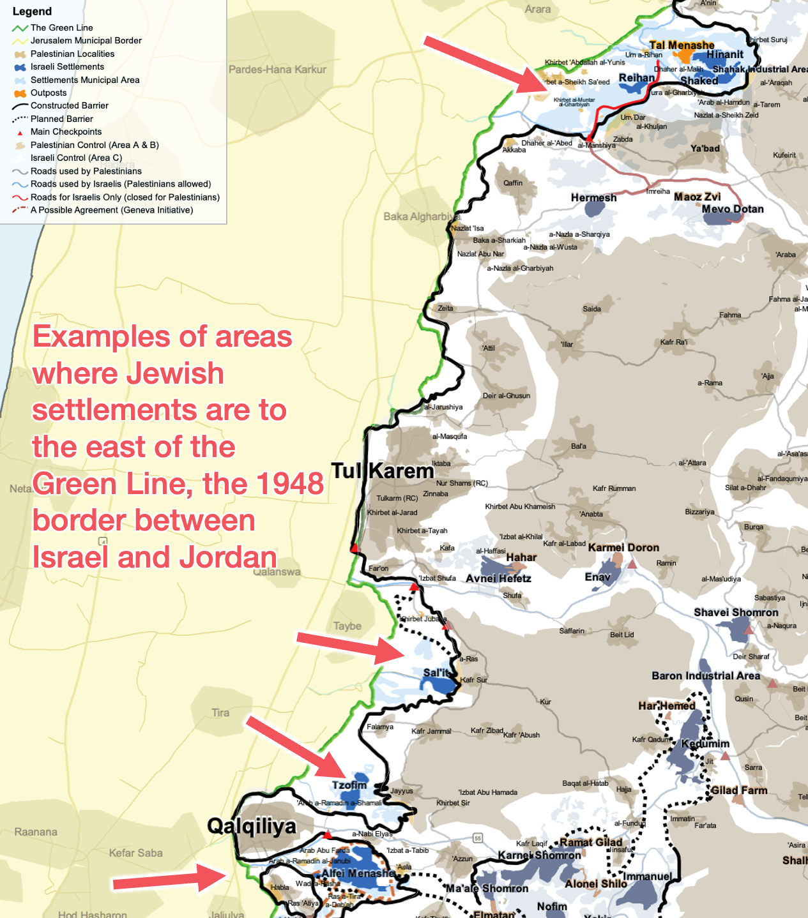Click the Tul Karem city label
coord(382,471)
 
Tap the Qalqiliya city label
coord(252,826)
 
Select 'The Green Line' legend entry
coord(61,27)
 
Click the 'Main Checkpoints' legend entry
coord(66,132)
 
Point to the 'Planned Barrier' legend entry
coord(61,119)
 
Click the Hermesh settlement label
coord(593,198)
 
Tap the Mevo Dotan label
coord(732,209)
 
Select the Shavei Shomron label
coord(736,612)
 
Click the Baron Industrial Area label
coord(705,675)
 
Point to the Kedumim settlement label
coord(705,744)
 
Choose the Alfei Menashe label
coord(358,873)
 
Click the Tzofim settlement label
coord(349,785)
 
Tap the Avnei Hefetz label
coord(498,578)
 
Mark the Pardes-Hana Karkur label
coord(277,70)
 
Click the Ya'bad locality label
coord(705,149)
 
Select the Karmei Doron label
coord(623,548)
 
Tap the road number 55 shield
coord(477,838)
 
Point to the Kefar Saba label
coord(135,853)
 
